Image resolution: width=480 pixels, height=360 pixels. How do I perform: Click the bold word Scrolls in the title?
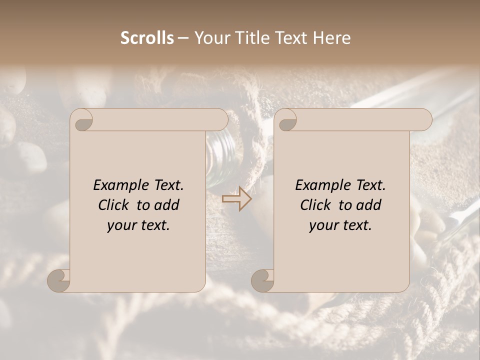coord(147,38)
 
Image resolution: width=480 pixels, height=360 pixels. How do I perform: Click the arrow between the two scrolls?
coord(236,199)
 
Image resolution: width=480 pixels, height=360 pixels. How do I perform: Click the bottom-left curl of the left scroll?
coord(59,280)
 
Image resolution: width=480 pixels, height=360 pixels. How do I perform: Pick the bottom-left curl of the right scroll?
coord(262,280)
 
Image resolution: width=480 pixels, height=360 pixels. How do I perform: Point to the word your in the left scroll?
coord(120,225)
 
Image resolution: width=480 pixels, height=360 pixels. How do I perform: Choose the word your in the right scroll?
coord(322,225)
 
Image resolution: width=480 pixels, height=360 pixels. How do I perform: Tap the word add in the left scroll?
coord(167,205)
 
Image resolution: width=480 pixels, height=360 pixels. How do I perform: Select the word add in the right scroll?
coord(369,205)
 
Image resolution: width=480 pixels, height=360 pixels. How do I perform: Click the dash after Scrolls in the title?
coord(183,38)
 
